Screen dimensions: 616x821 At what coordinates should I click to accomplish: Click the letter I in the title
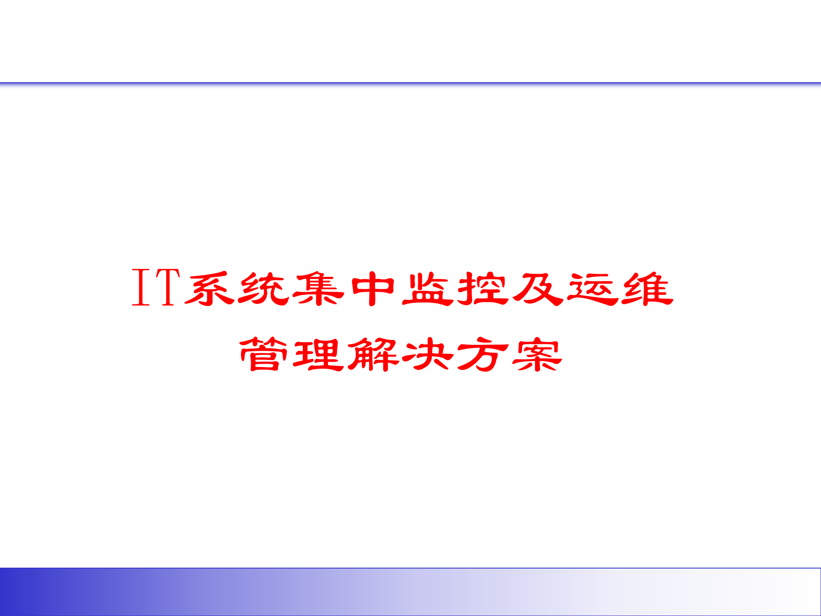coord(141,287)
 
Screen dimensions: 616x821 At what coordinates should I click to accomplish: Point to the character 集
coord(318,289)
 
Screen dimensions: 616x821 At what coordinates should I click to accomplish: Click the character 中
coord(373,289)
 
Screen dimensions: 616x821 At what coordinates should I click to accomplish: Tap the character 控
coord(483,289)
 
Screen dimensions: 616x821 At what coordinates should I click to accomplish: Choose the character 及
coord(537,289)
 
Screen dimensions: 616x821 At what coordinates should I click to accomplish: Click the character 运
coord(593,289)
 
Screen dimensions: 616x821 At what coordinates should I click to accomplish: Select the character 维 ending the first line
coord(647,289)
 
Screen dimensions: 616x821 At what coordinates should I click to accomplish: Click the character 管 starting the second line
coord(263,354)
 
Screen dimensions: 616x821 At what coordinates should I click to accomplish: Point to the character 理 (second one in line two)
coord(318,354)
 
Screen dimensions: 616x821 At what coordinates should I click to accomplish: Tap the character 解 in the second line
coord(373,354)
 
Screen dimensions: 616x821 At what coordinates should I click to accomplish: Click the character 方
coord(483,354)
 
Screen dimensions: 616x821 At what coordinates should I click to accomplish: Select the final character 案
coord(537,354)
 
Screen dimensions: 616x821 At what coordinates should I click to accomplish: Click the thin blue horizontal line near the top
coord(410,83)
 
